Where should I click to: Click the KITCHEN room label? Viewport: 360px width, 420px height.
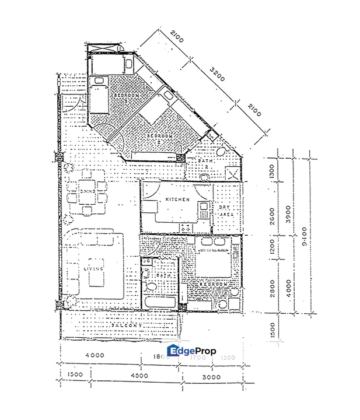177,199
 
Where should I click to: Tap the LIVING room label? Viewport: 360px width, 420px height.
93,268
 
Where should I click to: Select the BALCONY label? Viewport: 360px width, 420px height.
125,325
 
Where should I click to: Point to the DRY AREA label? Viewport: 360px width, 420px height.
226,211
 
